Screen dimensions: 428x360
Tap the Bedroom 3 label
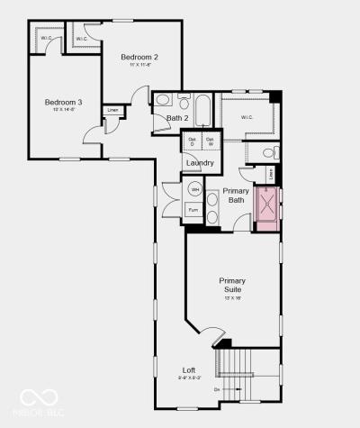tap(63, 102)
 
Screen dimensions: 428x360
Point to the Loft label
tap(189, 370)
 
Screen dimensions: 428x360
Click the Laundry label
tap(201, 163)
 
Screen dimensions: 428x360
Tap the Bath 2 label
tap(177, 118)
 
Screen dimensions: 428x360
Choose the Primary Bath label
tap(236, 196)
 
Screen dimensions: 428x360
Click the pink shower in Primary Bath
tap(268, 208)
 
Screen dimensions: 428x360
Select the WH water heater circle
tap(194, 189)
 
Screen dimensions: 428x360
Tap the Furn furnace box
tap(193, 209)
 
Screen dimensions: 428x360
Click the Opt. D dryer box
tap(192, 141)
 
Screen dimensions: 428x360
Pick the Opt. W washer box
tap(210, 141)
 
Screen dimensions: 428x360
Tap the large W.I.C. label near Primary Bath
tap(247, 118)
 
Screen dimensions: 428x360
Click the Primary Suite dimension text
tap(232, 297)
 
